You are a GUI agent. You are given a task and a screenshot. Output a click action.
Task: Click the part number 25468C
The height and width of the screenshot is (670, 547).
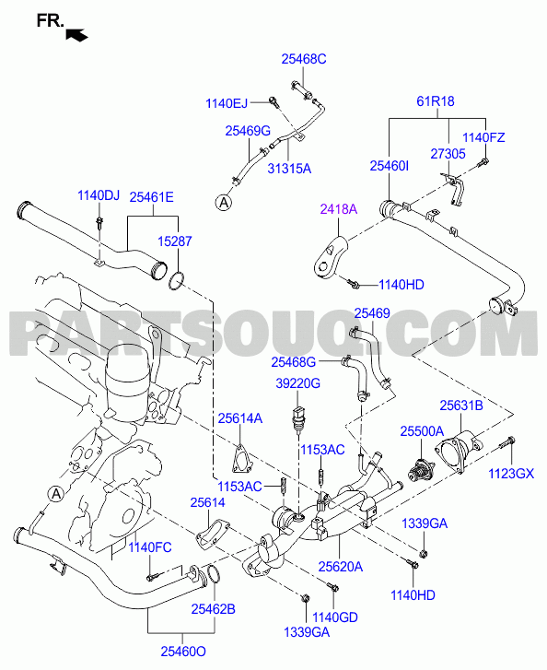click(304, 59)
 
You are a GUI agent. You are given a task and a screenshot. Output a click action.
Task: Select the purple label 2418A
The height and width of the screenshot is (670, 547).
click(339, 209)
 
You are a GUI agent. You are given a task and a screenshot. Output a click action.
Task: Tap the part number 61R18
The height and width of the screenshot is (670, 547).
click(436, 101)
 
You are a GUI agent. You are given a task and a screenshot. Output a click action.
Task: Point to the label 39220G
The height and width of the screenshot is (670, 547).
click(297, 383)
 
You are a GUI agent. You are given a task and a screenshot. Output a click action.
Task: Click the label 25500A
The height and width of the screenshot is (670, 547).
click(422, 431)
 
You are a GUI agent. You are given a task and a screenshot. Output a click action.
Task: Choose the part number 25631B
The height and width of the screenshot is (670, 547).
click(461, 406)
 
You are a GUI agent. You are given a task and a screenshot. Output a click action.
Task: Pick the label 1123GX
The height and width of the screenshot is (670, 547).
click(511, 474)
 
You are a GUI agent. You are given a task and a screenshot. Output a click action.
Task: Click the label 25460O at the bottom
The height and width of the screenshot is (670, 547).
click(183, 652)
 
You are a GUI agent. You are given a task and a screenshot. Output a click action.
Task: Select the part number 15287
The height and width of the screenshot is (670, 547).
click(175, 241)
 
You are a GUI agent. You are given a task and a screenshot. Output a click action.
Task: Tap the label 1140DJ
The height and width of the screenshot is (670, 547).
click(99, 195)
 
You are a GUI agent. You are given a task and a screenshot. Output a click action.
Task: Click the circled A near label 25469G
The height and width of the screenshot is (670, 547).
click(224, 203)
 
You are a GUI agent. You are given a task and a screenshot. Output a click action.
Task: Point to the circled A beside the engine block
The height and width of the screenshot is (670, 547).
click(56, 494)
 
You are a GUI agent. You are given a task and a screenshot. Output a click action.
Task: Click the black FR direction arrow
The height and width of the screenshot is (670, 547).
click(76, 35)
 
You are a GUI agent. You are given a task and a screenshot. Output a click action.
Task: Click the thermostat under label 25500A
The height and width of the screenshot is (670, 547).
click(420, 470)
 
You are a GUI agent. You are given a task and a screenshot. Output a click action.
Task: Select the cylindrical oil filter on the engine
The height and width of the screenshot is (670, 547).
click(128, 383)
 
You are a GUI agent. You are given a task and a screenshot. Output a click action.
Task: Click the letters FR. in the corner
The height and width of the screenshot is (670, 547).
click(51, 20)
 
